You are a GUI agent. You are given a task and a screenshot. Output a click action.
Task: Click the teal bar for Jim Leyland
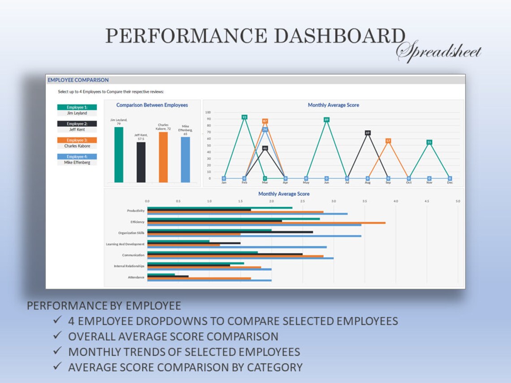pyautogui.click(x=119, y=155)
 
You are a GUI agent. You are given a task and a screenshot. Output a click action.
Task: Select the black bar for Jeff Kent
pyautogui.click(x=141, y=162)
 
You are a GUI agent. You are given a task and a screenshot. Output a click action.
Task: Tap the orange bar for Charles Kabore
pyautogui.click(x=163, y=157)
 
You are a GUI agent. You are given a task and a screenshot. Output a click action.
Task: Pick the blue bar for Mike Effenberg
pyautogui.click(x=185, y=159)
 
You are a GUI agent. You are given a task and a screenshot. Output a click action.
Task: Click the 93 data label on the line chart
pyautogui.click(x=244, y=117)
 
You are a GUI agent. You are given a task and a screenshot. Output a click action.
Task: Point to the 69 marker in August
pyautogui.click(x=368, y=133)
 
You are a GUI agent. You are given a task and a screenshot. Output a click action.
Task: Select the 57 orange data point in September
pyautogui.click(x=388, y=141)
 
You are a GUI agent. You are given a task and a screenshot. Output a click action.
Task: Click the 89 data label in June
pyautogui.click(x=326, y=120)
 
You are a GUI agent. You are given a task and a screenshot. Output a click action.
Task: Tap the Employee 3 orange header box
pyautogui.click(x=77, y=140)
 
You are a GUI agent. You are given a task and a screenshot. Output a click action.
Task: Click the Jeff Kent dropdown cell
pyautogui.click(x=77, y=129)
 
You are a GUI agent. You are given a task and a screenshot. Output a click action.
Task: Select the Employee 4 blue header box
pyautogui.click(x=77, y=157)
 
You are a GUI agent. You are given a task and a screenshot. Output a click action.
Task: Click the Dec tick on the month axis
pyautogui.click(x=450, y=182)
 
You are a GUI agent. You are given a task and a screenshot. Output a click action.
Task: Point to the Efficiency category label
pyautogui.click(x=137, y=222)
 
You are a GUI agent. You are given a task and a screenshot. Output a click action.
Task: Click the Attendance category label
pyautogui.click(x=136, y=277)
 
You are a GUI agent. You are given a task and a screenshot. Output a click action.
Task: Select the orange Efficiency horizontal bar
pyautogui.click(x=266, y=222)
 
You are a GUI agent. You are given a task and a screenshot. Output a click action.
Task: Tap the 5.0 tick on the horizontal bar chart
pyautogui.click(x=458, y=201)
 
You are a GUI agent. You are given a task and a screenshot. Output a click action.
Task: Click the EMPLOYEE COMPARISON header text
pyautogui.click(x=78, y=80)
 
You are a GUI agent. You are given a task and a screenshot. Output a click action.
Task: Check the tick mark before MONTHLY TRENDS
pyautogui.click(x=57, y=352)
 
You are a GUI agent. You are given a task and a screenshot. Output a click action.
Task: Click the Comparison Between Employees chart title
pyautogui.click(x=152, y=105)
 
